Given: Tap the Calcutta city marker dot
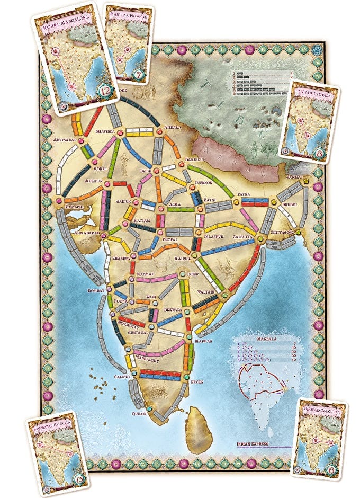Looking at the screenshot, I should (x=260, y=239).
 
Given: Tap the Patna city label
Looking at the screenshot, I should (x=242, y=194).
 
